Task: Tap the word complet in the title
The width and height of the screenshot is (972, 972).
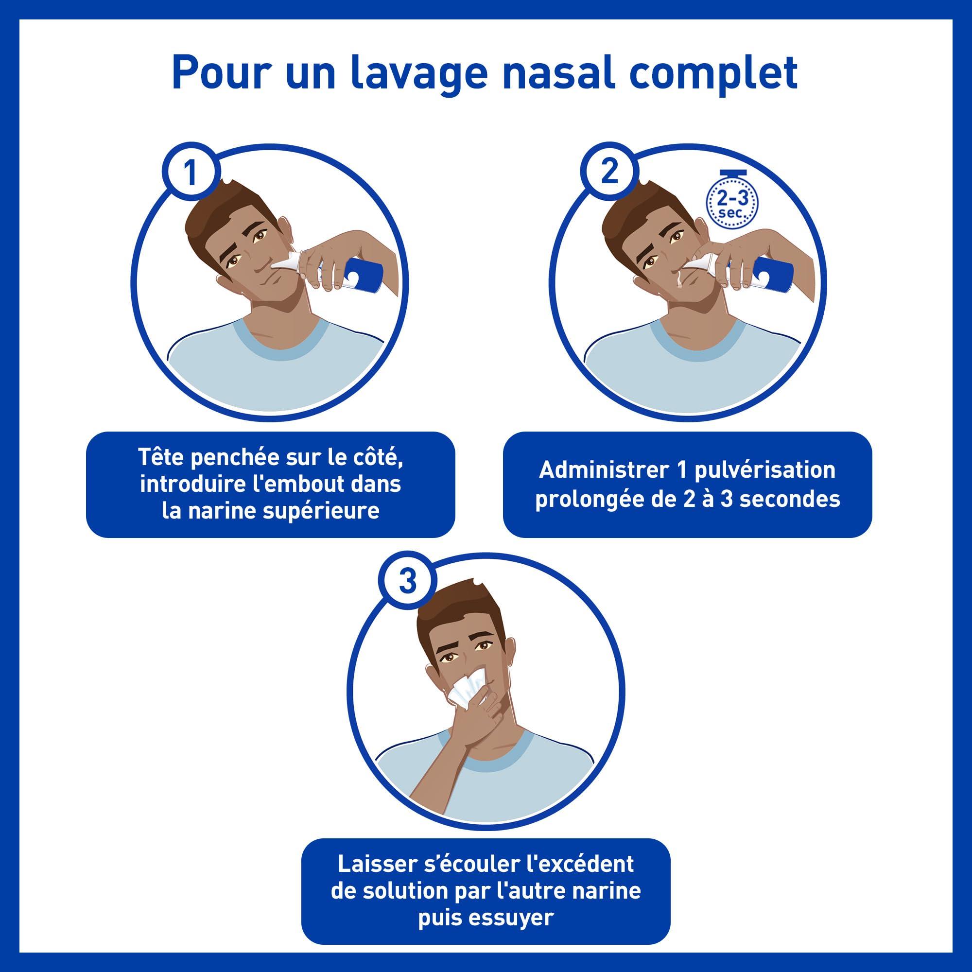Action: [x=713, y=74]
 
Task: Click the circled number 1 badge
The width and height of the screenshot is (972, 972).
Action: [x=191, y=173]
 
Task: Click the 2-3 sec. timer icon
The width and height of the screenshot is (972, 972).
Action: [x=732, y=203]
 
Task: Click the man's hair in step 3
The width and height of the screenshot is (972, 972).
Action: [x=458, y=611]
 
